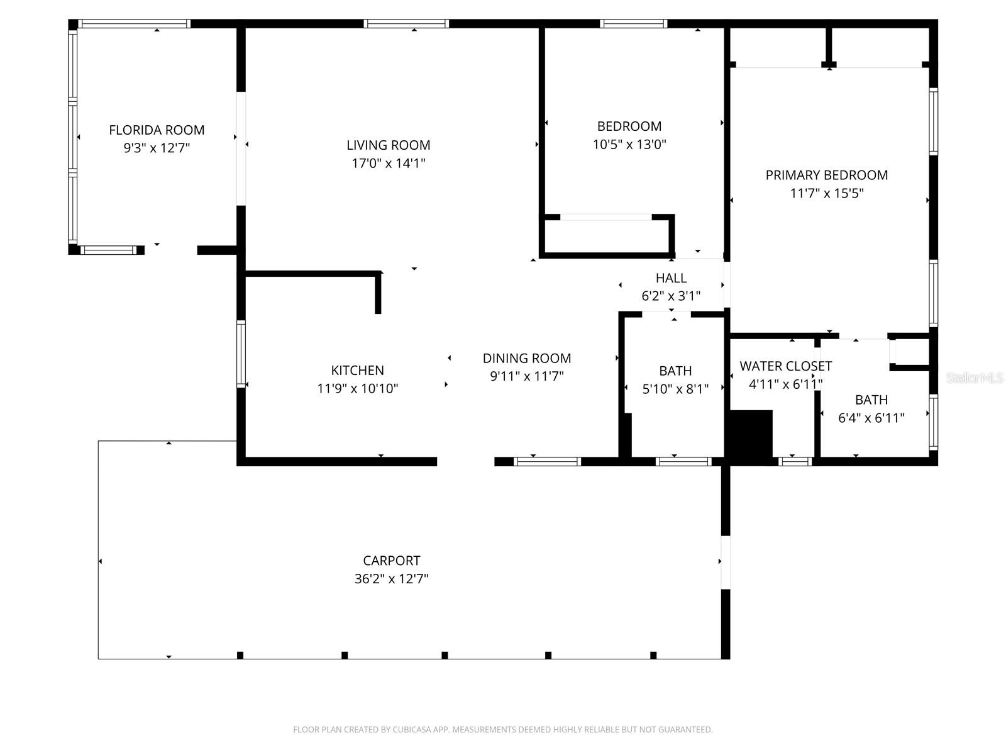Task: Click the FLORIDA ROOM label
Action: click(157, 130)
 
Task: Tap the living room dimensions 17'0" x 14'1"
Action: click(388, 164)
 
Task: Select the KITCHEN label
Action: click(357, 371)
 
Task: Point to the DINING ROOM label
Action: click(527, 359)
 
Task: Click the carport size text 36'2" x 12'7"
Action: click(391, 579)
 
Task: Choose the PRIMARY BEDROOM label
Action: click(826, 176)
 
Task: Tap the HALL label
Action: click(671, 278)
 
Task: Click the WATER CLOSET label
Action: click(785, 366)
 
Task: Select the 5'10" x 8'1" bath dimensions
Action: click(675, 389)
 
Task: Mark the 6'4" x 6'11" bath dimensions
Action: click(871, 418)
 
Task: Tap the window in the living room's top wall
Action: click(406, 24)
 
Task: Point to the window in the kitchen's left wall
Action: click(241, 353)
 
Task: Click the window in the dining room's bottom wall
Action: click(547, 462)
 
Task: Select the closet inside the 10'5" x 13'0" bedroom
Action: click(605, 236)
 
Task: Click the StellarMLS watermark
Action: click(975, 378)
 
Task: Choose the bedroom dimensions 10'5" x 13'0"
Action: click(629, 145)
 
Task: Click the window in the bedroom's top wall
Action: click(633, 24)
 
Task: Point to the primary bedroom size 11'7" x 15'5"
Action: click(826, 194)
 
